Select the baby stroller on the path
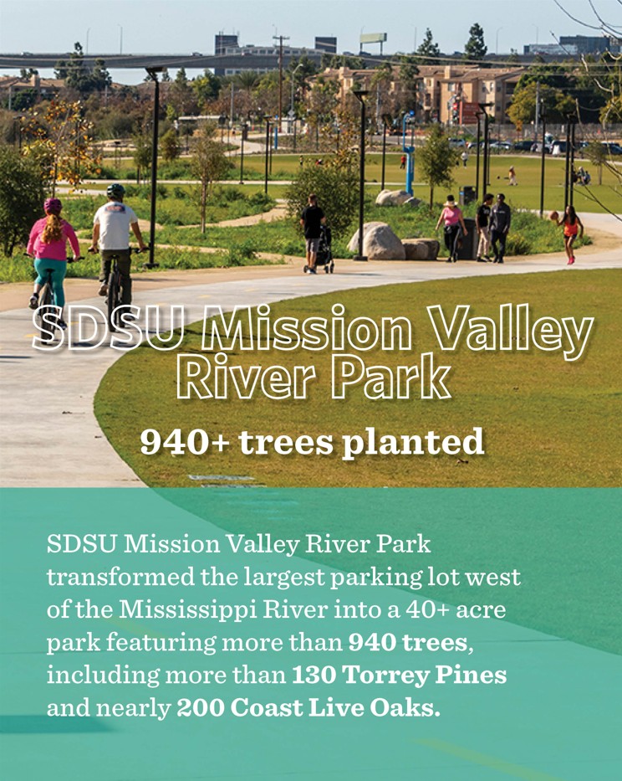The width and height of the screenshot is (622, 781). point(324,250)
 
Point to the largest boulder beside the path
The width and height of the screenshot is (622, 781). point(377,242)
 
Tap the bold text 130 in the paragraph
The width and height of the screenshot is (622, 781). point(313,676)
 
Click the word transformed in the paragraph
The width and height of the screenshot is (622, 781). point(121,578)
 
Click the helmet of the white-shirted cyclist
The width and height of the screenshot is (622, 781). point(116,190)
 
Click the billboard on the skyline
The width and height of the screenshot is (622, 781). point(373,38)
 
